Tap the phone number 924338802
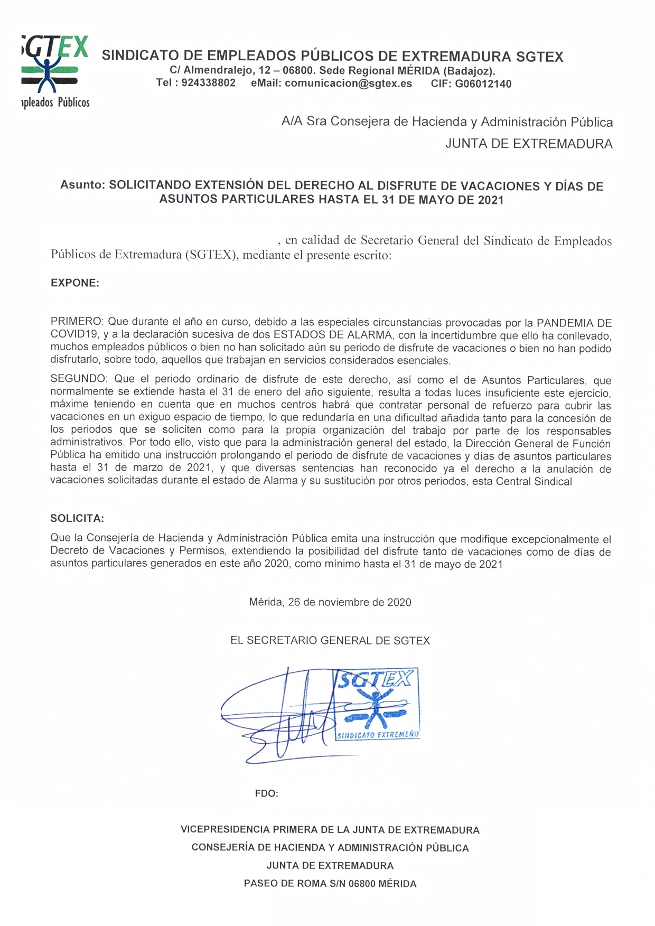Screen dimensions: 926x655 pos(208,83)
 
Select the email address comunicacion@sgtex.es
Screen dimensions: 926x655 pos(348,83)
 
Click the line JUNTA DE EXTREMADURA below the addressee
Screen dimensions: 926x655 pos(529,144)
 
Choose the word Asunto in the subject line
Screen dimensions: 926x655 pos(83,185)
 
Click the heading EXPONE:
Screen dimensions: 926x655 pos(75,283)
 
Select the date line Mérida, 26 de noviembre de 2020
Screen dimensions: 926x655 pos(330,602)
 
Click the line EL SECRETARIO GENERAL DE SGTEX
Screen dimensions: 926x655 pos(330,640)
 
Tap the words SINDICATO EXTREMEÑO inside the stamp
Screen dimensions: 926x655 pos(378,735)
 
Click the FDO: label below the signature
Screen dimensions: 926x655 pos(266,793)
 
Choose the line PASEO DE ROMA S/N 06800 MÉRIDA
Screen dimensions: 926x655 pos(330,883)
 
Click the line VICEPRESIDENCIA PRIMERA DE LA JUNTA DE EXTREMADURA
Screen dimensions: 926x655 pos(330,829)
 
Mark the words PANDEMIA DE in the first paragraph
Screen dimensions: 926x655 pos(574,322)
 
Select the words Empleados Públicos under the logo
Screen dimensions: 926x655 pos(55,102)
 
